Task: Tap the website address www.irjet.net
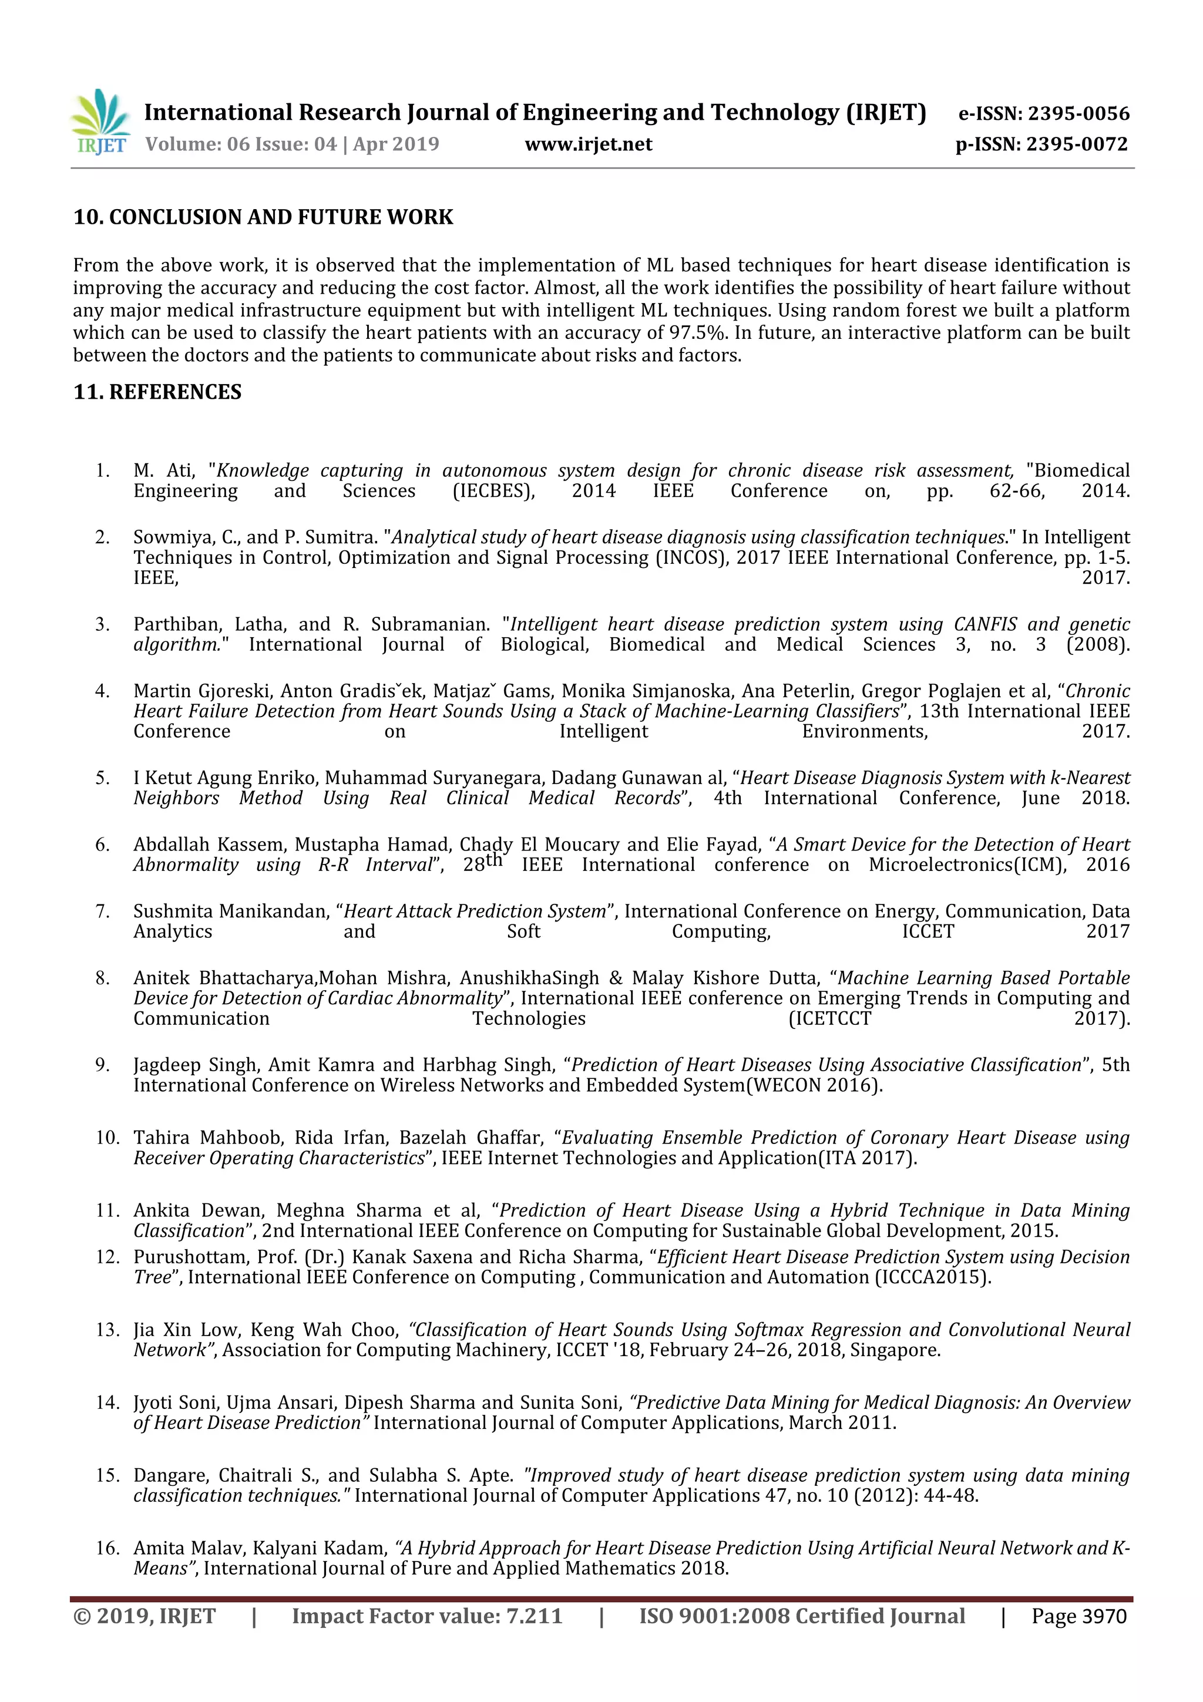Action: click(589, 144)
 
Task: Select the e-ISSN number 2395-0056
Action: click(1078, 113)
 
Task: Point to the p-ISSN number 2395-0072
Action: click(1078, 144)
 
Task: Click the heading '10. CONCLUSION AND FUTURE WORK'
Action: click(263, 217)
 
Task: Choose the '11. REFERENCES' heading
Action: click(157, 392)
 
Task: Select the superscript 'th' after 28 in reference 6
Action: click(493, 860)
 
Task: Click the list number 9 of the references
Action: click(102, 1065)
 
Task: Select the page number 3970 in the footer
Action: click(1104, 1617)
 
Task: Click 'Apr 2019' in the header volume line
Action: click(396, 144)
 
